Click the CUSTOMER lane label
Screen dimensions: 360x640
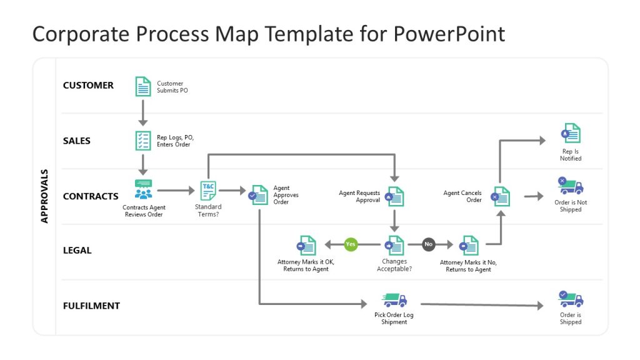(x=88, y=86)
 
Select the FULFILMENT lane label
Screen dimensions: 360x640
(x=91, y=306)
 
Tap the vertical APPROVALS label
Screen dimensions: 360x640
(x=44, y=196)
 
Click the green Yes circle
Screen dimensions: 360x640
(x=351, y=244)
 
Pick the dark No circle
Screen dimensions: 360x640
(x=428, y=244)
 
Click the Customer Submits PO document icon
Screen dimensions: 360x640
(x=143, y=86)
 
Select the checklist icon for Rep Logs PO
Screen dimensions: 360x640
(x=143, y=141)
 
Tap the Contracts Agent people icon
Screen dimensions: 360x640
(x=143, y=190)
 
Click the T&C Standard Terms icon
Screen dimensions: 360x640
(x=207, y=191)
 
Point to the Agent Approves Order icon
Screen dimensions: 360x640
(x=258, y=195)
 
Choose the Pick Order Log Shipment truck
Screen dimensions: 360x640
(x=394, y=300)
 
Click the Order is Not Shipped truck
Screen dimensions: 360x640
(x=570, y=186)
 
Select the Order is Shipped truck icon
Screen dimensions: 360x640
(x=570, y=299)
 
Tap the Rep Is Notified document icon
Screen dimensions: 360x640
(x=570, y=134)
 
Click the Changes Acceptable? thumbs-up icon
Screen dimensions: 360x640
(x=394, y=245)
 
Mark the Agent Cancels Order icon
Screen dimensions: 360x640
(x=501, y=196)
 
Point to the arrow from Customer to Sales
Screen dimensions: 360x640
(x=143, y=112)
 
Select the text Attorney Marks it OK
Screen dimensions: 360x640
(x=302, y=262)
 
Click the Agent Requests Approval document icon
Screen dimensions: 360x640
(x=395, y=196)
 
